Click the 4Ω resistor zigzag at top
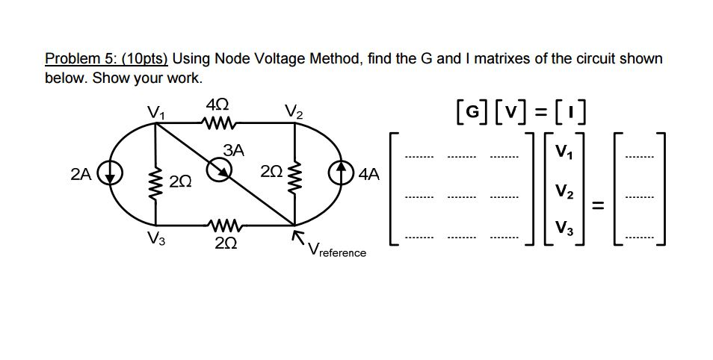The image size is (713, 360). (222, 124)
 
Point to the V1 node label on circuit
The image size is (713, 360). (155, 113)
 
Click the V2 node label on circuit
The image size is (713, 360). (294, 113)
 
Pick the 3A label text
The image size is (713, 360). (234, 150)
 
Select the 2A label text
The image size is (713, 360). (81, 175)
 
